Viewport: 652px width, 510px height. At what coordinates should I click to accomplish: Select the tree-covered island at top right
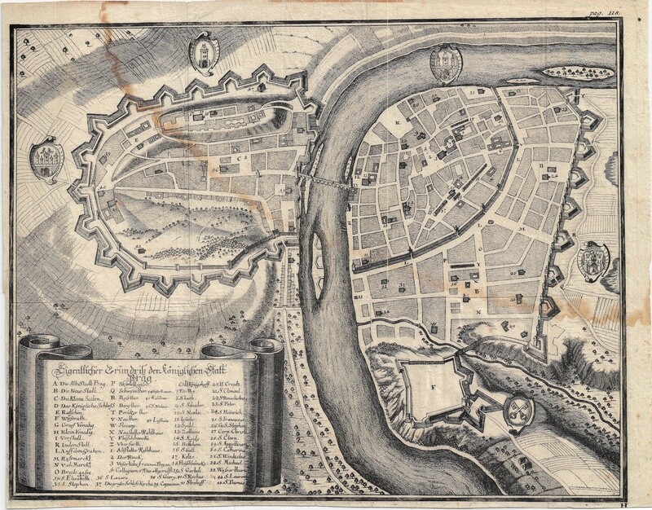click(x=578, y=73)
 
